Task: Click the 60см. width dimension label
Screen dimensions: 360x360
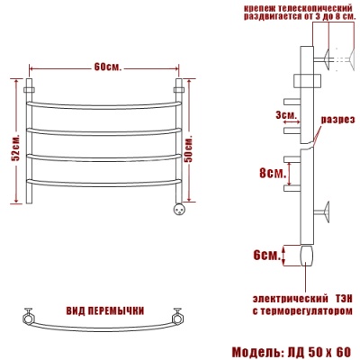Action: pyautogui.click(x=107, y=68)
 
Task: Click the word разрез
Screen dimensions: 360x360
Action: pyautogui.click(x=337, y=119)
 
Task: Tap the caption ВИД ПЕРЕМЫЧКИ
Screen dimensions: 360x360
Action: pyautogui.click(x=105, y=310)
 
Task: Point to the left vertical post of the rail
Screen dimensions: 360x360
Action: pyautogui.click(x=31, y=144)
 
